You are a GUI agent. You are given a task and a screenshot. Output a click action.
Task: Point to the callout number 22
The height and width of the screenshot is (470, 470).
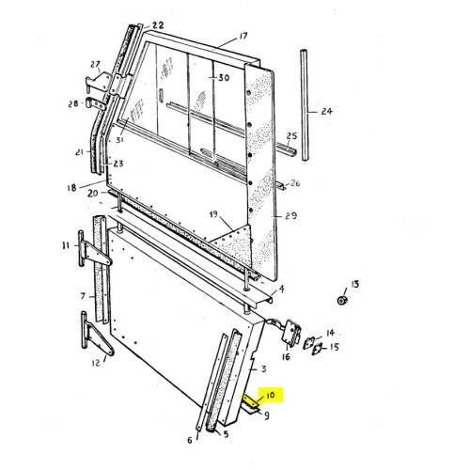[157, 25]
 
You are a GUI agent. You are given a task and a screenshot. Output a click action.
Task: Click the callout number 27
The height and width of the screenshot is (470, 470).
[95, 65]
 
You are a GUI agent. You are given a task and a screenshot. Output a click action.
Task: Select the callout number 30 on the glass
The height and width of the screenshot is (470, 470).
[224, 77]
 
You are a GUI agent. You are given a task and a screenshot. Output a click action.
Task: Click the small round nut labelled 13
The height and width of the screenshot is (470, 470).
[343, 300]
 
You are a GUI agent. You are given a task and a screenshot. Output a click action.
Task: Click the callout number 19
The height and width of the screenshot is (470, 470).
[215, 214]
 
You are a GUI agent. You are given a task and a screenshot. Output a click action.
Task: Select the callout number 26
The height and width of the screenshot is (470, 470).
[295, 183]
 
